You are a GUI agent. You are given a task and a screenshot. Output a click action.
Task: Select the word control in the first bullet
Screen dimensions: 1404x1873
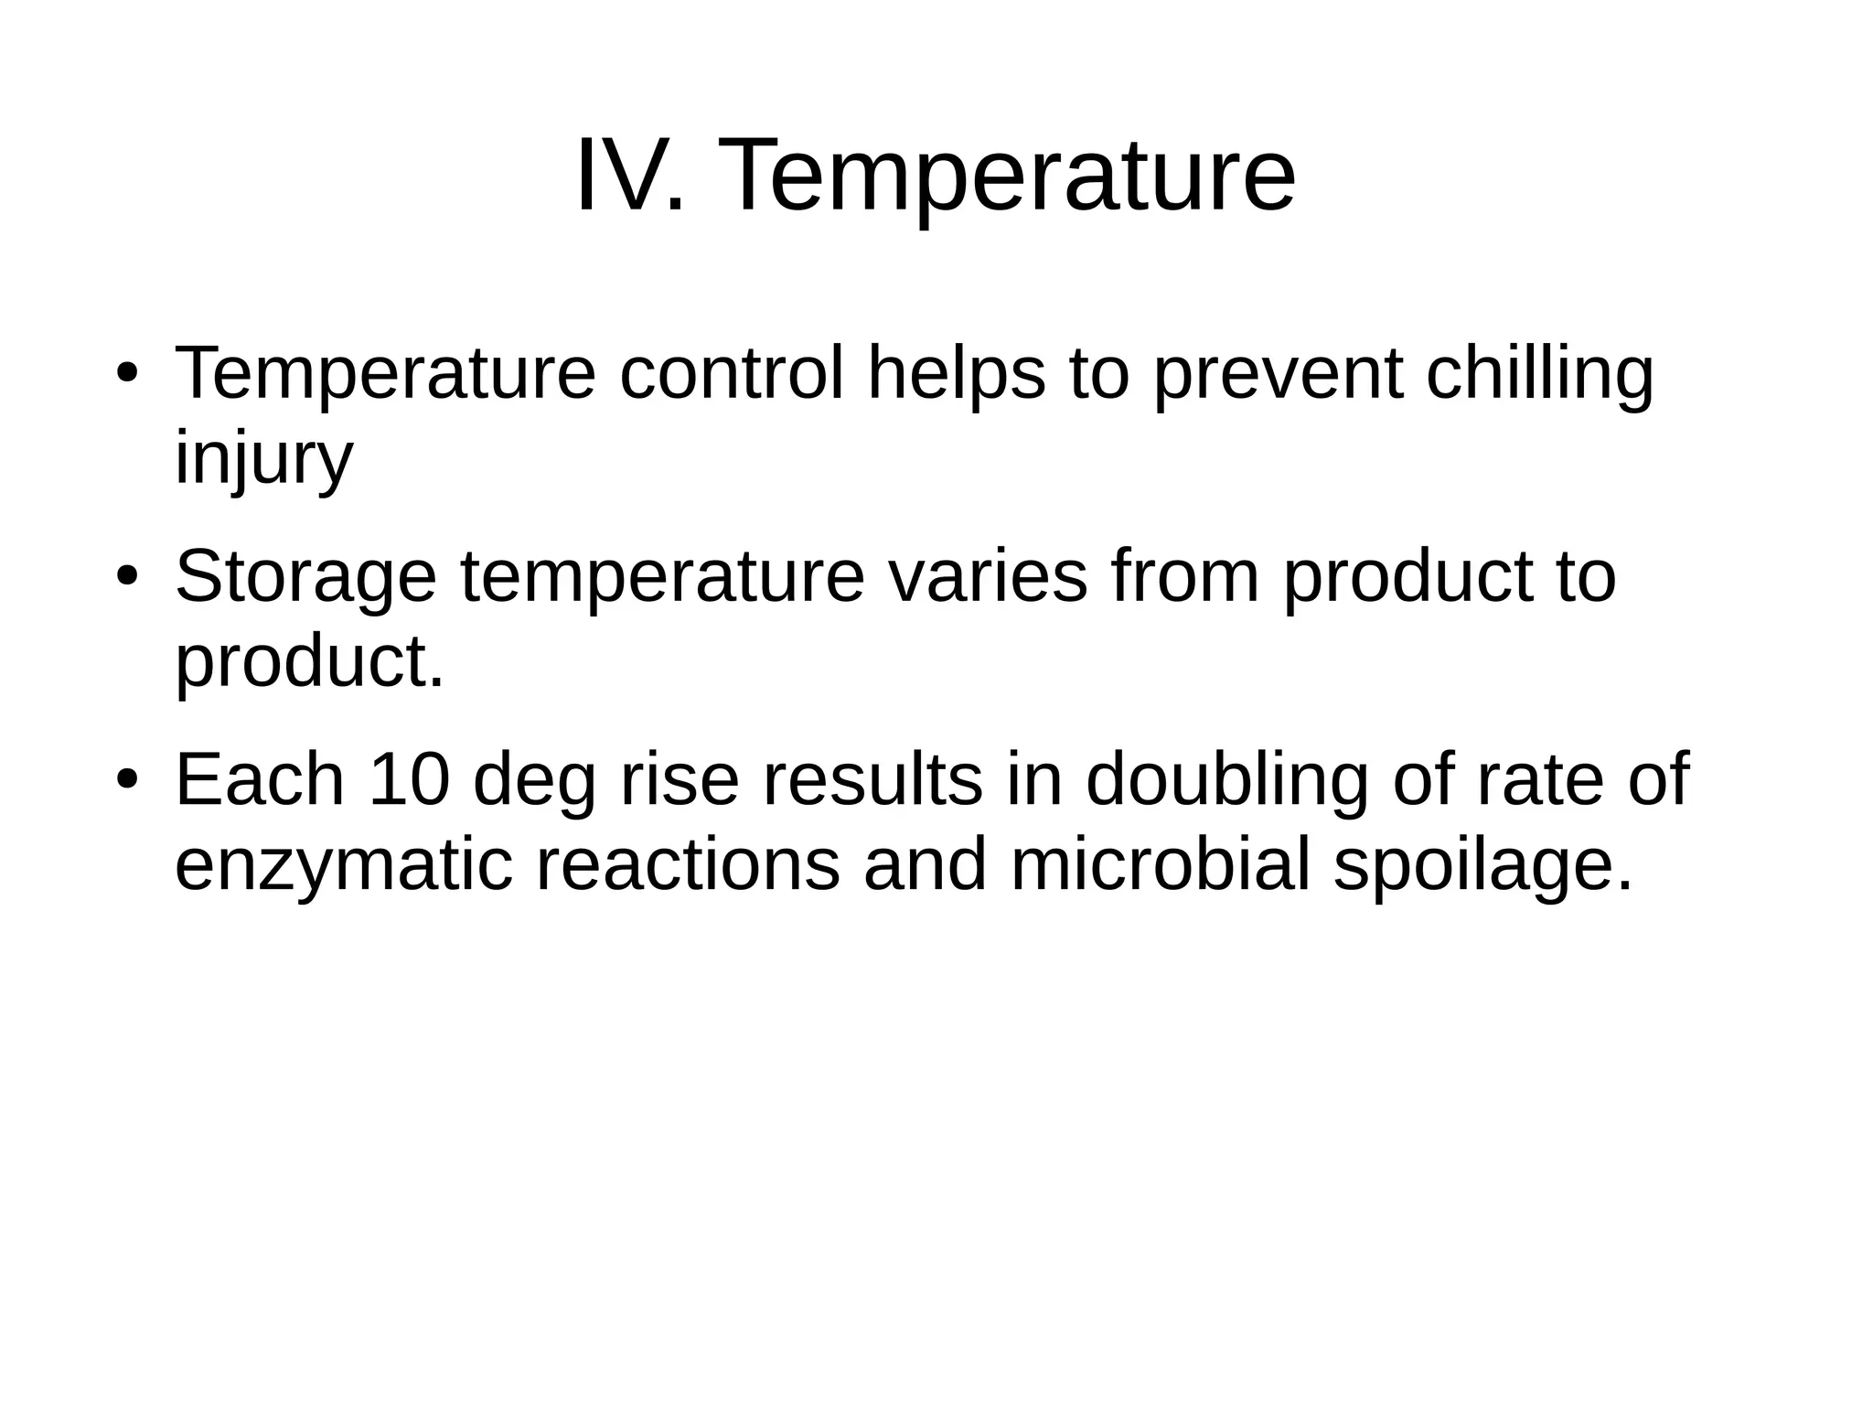(731, 374)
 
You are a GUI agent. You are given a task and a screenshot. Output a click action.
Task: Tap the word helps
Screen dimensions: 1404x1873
(956, 376)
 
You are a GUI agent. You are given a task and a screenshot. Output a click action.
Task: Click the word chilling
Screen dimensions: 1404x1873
(1539, 376)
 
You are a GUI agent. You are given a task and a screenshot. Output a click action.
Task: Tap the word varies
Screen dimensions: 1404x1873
(988, 577)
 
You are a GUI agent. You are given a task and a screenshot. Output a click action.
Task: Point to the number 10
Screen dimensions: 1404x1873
(409, 779)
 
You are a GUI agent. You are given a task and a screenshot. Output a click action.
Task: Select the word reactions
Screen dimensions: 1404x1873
(687, 865)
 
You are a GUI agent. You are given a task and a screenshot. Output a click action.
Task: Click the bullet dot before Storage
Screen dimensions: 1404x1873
(127, 577)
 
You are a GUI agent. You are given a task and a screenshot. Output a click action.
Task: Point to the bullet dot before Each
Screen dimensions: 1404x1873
(127, 780)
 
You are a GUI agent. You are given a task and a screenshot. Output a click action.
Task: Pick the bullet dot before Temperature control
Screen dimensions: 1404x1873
(127, 374)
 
